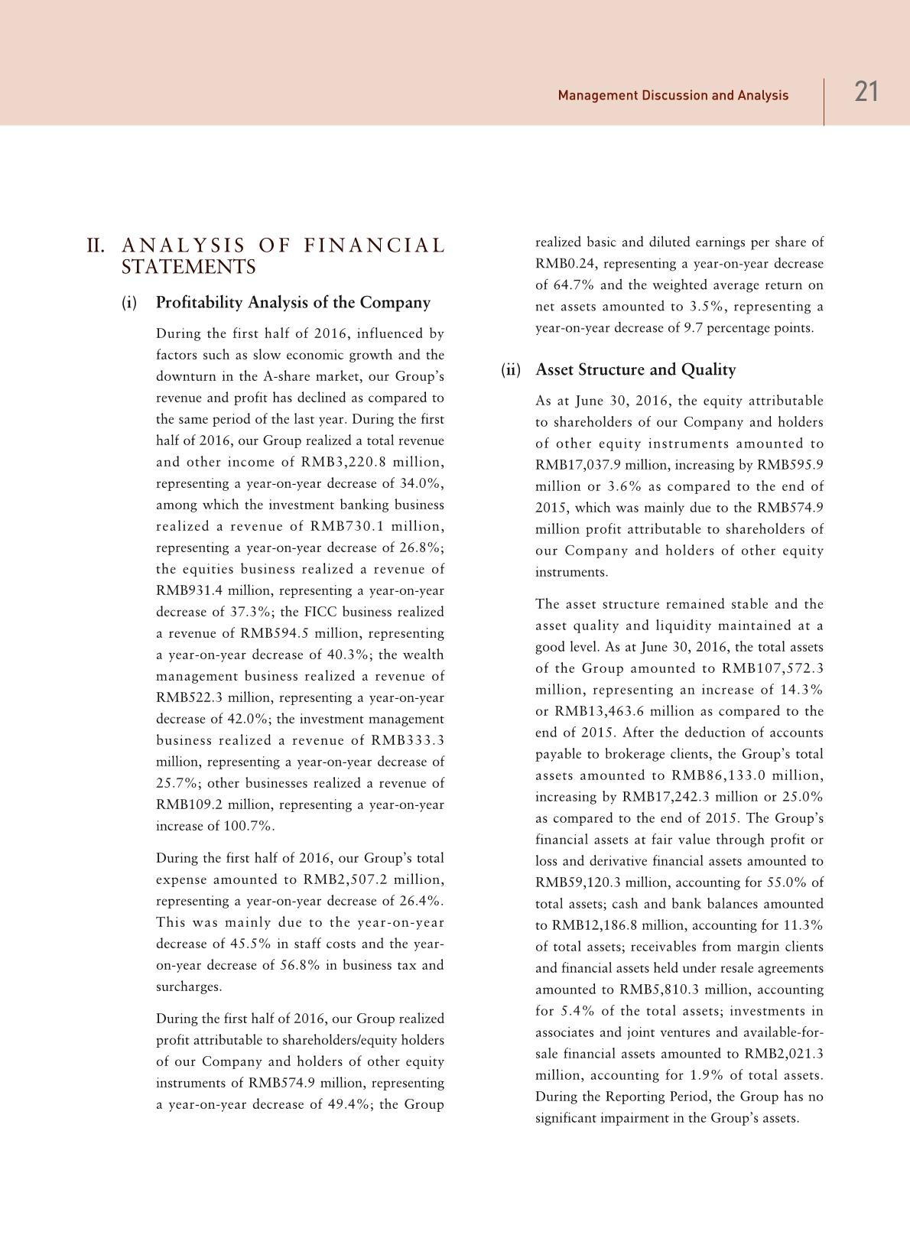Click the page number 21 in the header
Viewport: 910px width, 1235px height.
point(866,93)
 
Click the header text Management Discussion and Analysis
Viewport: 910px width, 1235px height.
point(673,96)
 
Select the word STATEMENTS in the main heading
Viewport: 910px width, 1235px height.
point(189,268)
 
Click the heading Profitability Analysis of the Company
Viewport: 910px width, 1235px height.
point(293,303)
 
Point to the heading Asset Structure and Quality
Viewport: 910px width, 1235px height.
point(635,370)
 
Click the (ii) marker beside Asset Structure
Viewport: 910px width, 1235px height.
point(510,370)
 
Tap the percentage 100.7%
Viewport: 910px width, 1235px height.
point(248,826)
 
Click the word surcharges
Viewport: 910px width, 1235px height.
point(189,986)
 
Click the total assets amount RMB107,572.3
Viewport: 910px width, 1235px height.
point(772,668)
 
